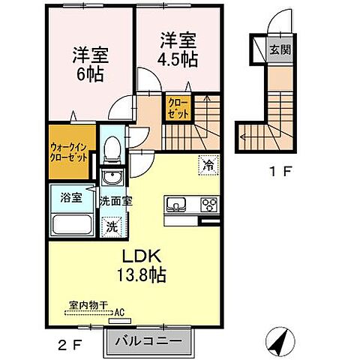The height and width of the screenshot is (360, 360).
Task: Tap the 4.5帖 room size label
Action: [x=178, y=57]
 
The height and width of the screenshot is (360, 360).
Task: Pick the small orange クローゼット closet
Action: [x=178, y=106]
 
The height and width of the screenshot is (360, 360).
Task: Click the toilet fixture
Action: [x=112, y=150]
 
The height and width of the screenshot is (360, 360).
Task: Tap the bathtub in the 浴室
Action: [x=71, y=225]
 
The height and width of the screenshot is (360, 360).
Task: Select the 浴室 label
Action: [x=70, y=199]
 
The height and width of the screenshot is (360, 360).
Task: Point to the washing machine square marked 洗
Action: [x=112, y=224]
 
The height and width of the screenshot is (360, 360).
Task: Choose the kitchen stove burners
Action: [x=208, y=204]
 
